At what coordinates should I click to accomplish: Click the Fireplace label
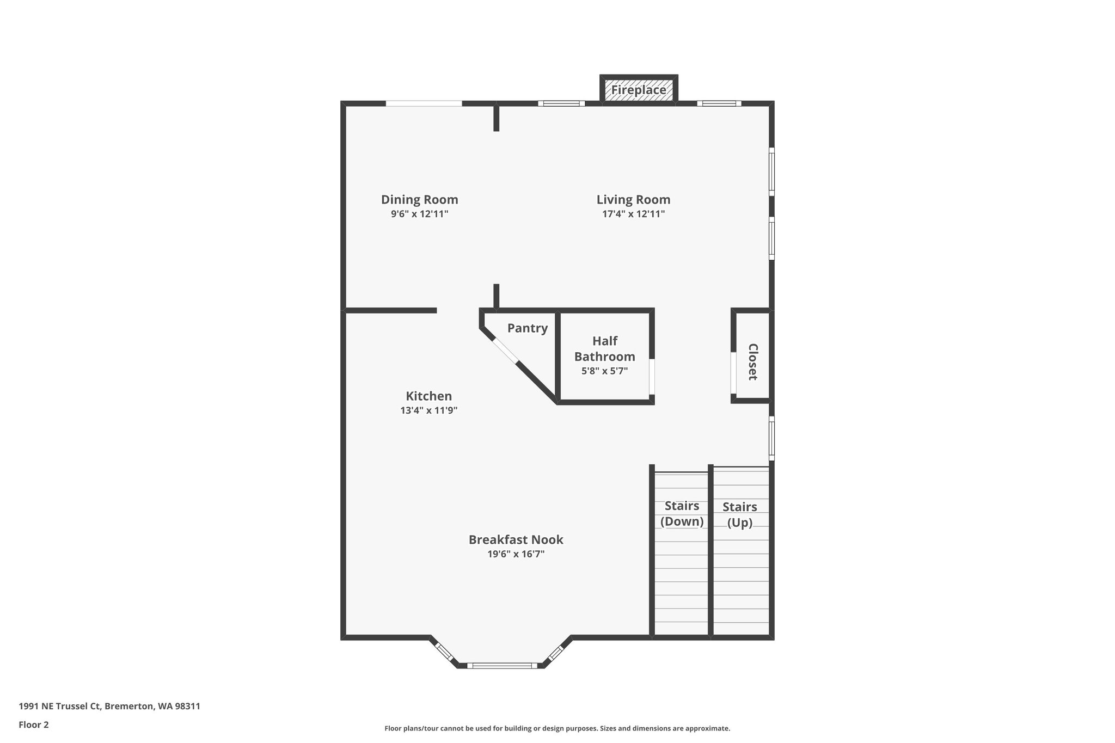[639, 90]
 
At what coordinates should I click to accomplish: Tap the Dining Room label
[419, 200]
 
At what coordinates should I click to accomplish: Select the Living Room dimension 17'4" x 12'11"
[633, 214]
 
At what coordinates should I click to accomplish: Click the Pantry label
[527, 328]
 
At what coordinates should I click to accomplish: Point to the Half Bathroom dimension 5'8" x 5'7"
[604, 371]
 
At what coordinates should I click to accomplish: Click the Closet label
[753, 361]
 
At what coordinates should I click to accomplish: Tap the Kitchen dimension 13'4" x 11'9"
[428, 410]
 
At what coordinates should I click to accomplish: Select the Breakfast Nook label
[516, 539]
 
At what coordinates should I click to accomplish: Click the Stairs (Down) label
[682, 513]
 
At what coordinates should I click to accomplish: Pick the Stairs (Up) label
[739, 514]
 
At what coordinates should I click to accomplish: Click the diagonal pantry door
[506, 351]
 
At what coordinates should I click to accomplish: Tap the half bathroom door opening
[652, 376]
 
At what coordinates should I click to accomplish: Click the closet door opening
[733, 372]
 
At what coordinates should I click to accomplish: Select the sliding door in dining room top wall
[424, 103]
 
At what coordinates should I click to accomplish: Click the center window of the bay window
[502, 665]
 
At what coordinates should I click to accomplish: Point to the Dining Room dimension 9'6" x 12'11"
[419, 214]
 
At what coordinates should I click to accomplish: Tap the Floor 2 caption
[34, 724]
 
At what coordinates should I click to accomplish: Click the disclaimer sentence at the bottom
[557, 728]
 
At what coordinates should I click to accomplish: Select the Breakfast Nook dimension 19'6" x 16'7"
[516, 554]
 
